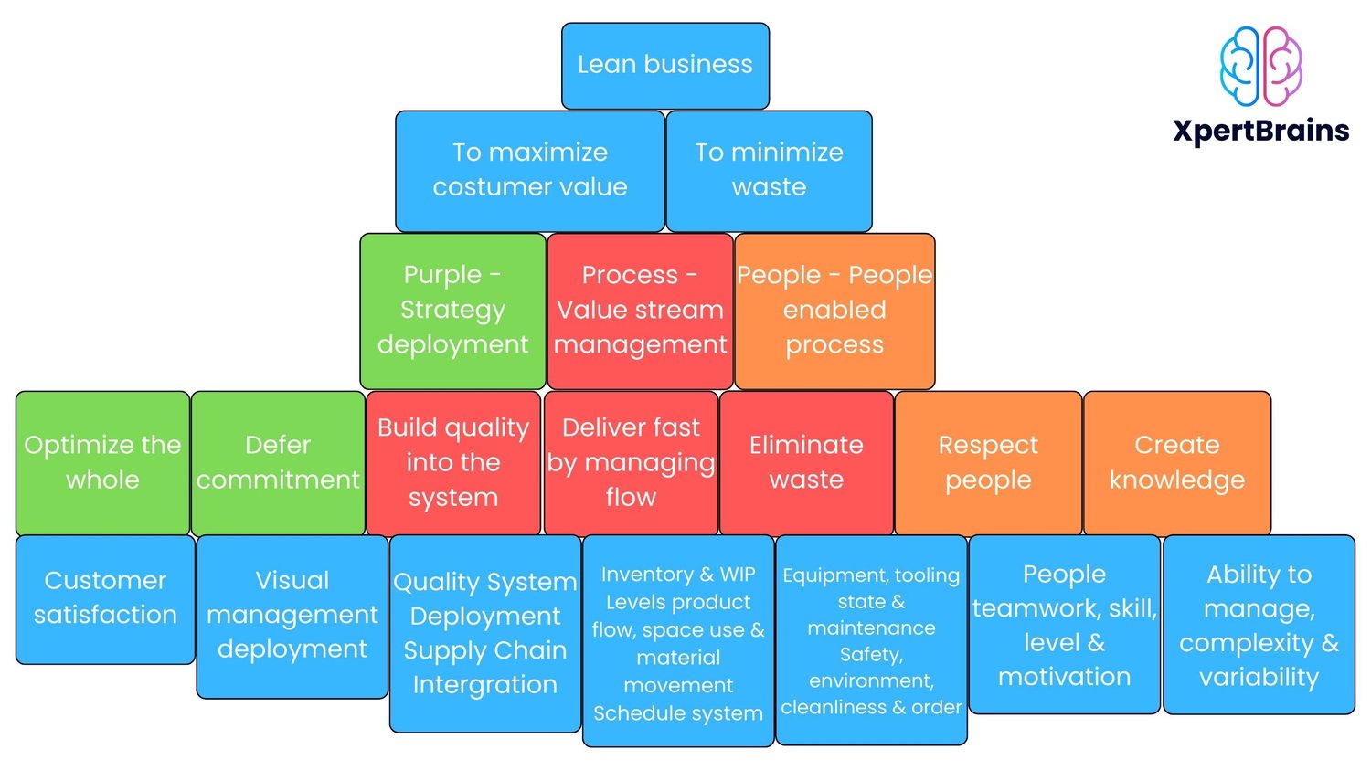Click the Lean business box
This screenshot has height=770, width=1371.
(x=665, y=66)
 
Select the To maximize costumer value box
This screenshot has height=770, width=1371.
(x=530, y=171)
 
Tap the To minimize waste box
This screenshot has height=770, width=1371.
(x=769, y=171)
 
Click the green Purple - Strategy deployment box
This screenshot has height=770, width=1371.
(x=453, y=311)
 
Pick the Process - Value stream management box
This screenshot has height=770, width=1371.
(x=640, y=311)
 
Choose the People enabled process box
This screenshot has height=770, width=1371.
(x=834, y=311)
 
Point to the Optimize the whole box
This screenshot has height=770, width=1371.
(x=102, y=462)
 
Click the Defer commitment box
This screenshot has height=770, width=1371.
(x=278, y=462)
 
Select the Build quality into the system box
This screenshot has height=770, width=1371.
(x=453, y=462)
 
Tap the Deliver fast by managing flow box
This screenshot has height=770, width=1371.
(x=631, y=462)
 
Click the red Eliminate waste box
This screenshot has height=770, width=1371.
(x=806, y=462)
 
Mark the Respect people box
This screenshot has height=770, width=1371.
(x=988, y=462)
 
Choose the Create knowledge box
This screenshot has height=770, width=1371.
(x=1177, y=462)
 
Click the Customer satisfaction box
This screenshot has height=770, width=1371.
(x=105, y=598)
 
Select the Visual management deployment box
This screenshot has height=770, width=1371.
(x=292, y=616)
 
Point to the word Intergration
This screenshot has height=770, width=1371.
(x=484, y=685)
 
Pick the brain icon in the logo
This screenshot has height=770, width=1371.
(x=1261, y=66)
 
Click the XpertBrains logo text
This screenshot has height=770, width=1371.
(x=1261, y=131)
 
